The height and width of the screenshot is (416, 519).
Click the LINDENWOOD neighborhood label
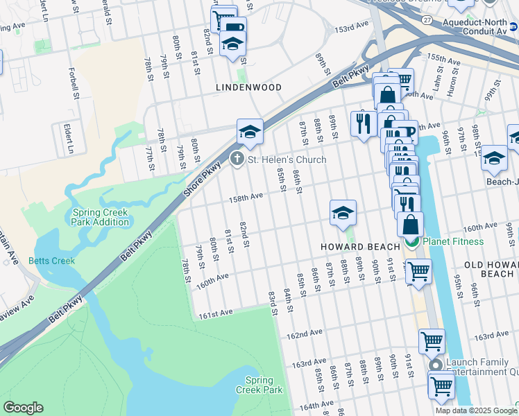(248, 87)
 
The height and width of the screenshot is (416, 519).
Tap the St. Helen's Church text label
(287, 159)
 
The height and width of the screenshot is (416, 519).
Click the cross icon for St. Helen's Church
(237, 159)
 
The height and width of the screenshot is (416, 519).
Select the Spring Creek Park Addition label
(100, 217)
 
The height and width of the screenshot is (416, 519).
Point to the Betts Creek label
(46, 261)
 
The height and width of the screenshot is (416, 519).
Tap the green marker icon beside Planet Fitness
(412, 241)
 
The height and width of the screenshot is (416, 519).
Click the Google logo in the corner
(23, 408)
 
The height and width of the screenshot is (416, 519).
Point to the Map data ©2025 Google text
(476, 410)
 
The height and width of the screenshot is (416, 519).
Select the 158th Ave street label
(246, 197)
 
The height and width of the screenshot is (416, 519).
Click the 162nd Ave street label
(305, 335)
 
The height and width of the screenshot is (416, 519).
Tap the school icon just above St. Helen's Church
(250, 131)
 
